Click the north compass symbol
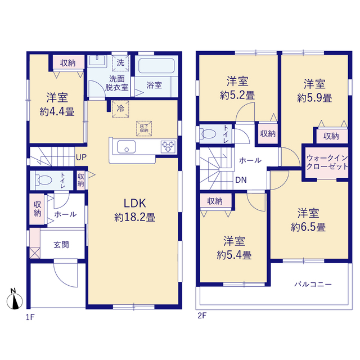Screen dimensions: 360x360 [x=15, y=299]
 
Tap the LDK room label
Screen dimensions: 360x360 [x=135, y=203]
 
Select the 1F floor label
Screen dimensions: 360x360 [x=30, y=317]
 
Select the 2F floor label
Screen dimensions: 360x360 [x=202, y=316]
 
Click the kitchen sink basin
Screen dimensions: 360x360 [x=126, y=147]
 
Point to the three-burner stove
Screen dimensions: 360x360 [x=168, y=147]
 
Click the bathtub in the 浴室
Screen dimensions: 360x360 [x=156, y=66]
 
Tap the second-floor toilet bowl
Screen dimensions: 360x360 [x=208, y=134]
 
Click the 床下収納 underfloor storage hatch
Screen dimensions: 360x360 [x=144, y=129]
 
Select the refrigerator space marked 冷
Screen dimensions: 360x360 [x=120, y=109]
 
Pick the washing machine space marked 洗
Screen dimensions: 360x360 [x=120, y=62]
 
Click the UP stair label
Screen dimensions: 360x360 [x=81, y=157]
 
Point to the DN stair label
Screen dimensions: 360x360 [x=241, y=180]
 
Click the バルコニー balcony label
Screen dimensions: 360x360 [x=313, y=285]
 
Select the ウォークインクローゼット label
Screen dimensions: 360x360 [x=327, y=162]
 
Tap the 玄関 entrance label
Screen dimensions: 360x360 [x=61, y=245]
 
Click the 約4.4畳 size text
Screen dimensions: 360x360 [x=57, y=112]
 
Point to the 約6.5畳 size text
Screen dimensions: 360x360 [x=308, y=227]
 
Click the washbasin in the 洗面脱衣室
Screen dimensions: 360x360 [x=97, y=60]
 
